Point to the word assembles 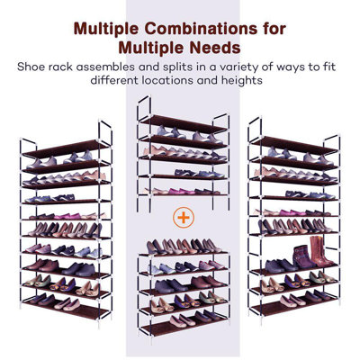[124, 65]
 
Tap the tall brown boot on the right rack [297, 253]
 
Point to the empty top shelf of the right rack [292, 143]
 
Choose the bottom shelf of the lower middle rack [182, 328]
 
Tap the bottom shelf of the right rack [292, 309]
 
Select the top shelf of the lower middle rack [182, 254]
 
